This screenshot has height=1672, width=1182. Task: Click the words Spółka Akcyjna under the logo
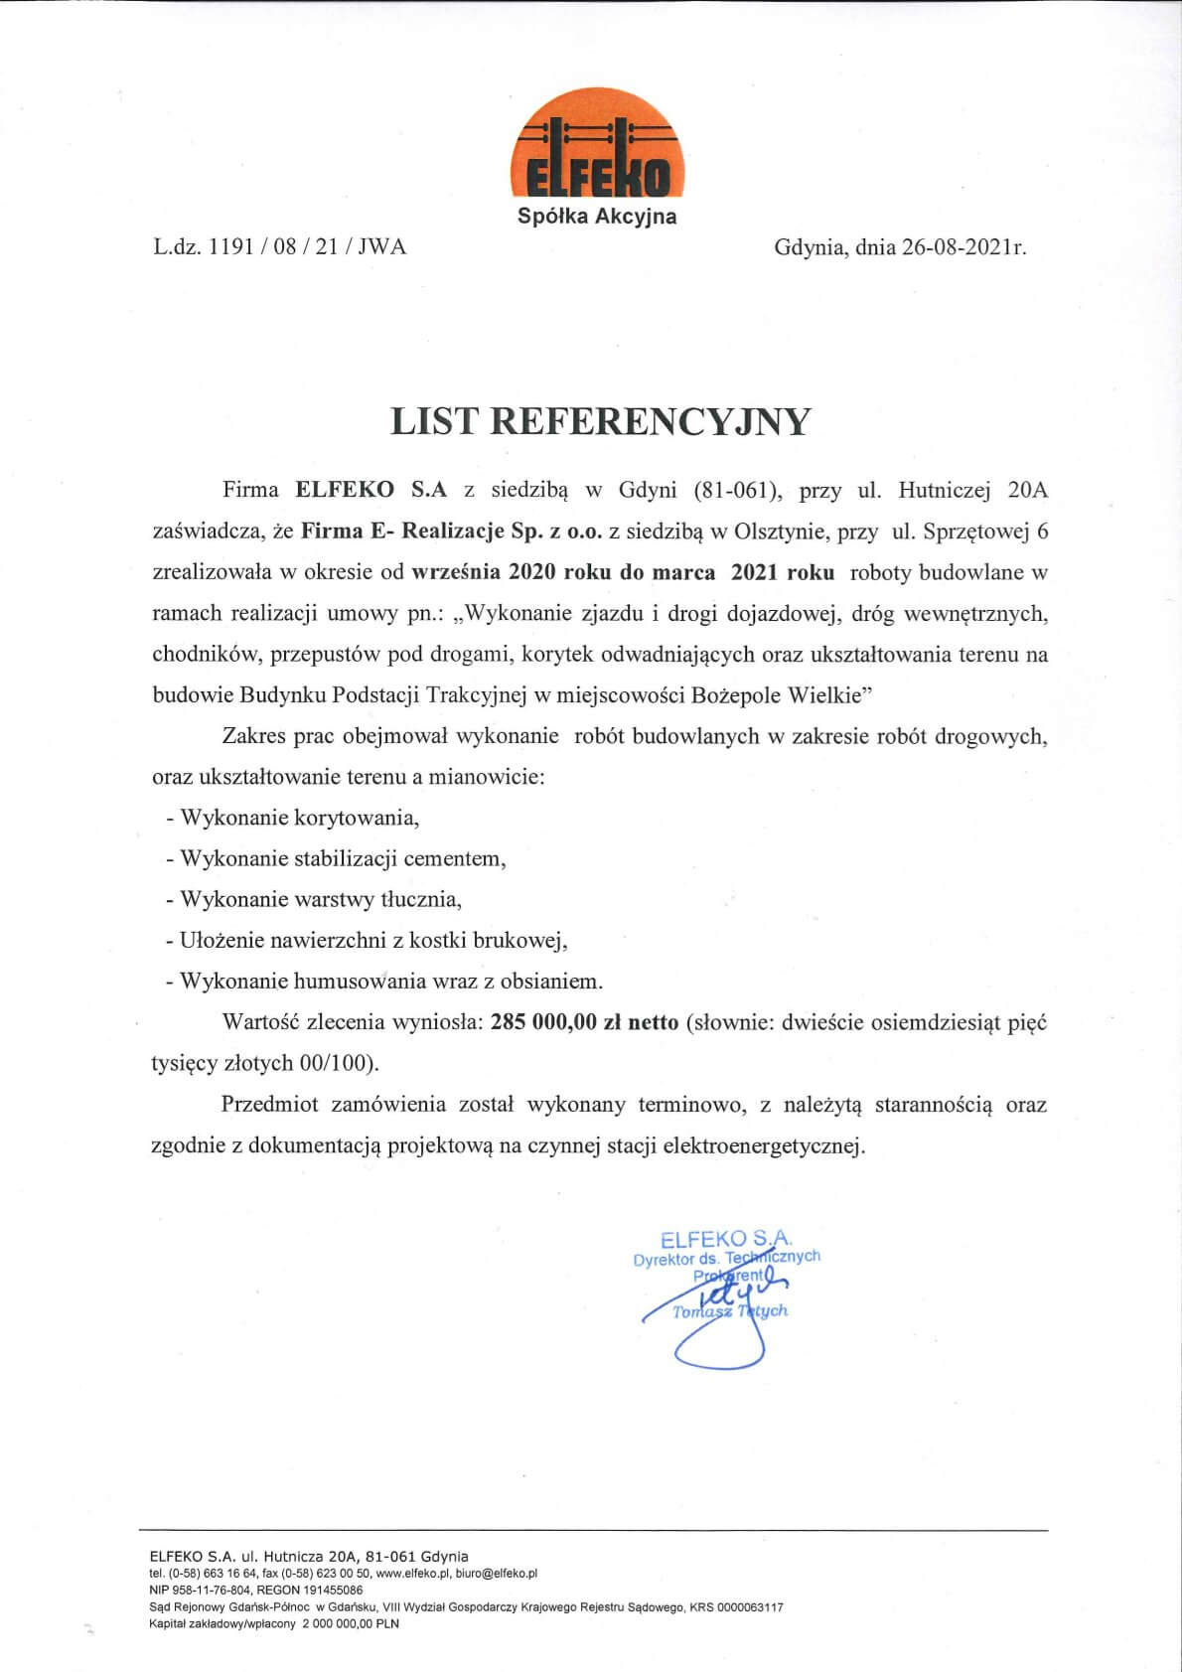(597, 216)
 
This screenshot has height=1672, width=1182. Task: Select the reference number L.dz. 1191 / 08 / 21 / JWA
(279, 247)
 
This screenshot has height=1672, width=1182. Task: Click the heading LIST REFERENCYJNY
(601, 421)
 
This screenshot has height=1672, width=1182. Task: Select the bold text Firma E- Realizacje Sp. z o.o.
(452, 532)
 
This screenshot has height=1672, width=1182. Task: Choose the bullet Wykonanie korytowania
(293, 818)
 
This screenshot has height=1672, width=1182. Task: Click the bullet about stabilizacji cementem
(337, 858)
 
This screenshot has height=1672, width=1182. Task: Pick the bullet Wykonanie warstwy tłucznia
(315, 899)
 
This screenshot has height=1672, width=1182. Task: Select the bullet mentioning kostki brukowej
(367, 940)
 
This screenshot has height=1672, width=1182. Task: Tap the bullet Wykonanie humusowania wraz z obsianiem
(384, 982)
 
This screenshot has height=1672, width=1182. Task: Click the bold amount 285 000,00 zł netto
(584, 1022)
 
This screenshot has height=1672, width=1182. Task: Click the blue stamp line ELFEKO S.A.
(726, 1238)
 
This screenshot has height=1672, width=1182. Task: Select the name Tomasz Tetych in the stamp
(730, 1311)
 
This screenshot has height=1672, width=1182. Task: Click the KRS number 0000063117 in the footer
(749, 1606)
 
